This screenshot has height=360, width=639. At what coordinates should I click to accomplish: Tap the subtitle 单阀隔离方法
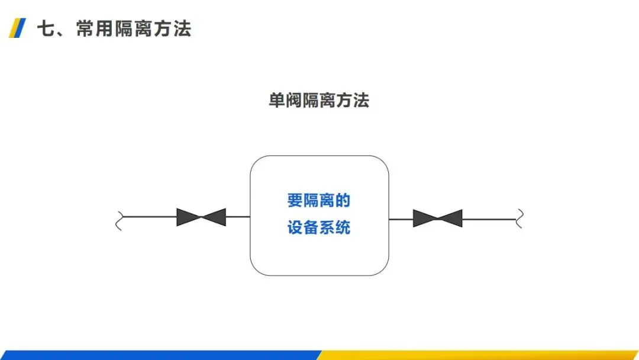coord(319,101)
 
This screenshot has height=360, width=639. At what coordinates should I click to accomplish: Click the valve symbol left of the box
coord(201,217)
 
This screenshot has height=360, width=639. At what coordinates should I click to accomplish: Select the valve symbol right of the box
coord(437,218)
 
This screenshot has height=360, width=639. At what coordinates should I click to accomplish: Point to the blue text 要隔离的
coord(319,201)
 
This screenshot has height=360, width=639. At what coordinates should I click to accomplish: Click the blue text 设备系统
coord(319,228)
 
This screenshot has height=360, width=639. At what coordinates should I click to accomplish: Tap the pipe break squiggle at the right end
coord(519,218)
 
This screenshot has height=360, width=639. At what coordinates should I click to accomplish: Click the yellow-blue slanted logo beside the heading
coord(18,28)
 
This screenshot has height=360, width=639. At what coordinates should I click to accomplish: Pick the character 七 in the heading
coord(47,28)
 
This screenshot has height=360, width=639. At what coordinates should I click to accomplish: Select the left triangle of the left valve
coord(188,217)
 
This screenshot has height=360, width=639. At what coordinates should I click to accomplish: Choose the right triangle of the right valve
coord(451,218)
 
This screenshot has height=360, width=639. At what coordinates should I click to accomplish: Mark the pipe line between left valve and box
coord(238,217)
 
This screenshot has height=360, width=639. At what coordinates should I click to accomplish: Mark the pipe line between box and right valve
coord(401,219)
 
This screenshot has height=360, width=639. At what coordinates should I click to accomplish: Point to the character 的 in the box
coord(343,201)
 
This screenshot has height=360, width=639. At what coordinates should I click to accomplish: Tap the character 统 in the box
coord(343,228)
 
